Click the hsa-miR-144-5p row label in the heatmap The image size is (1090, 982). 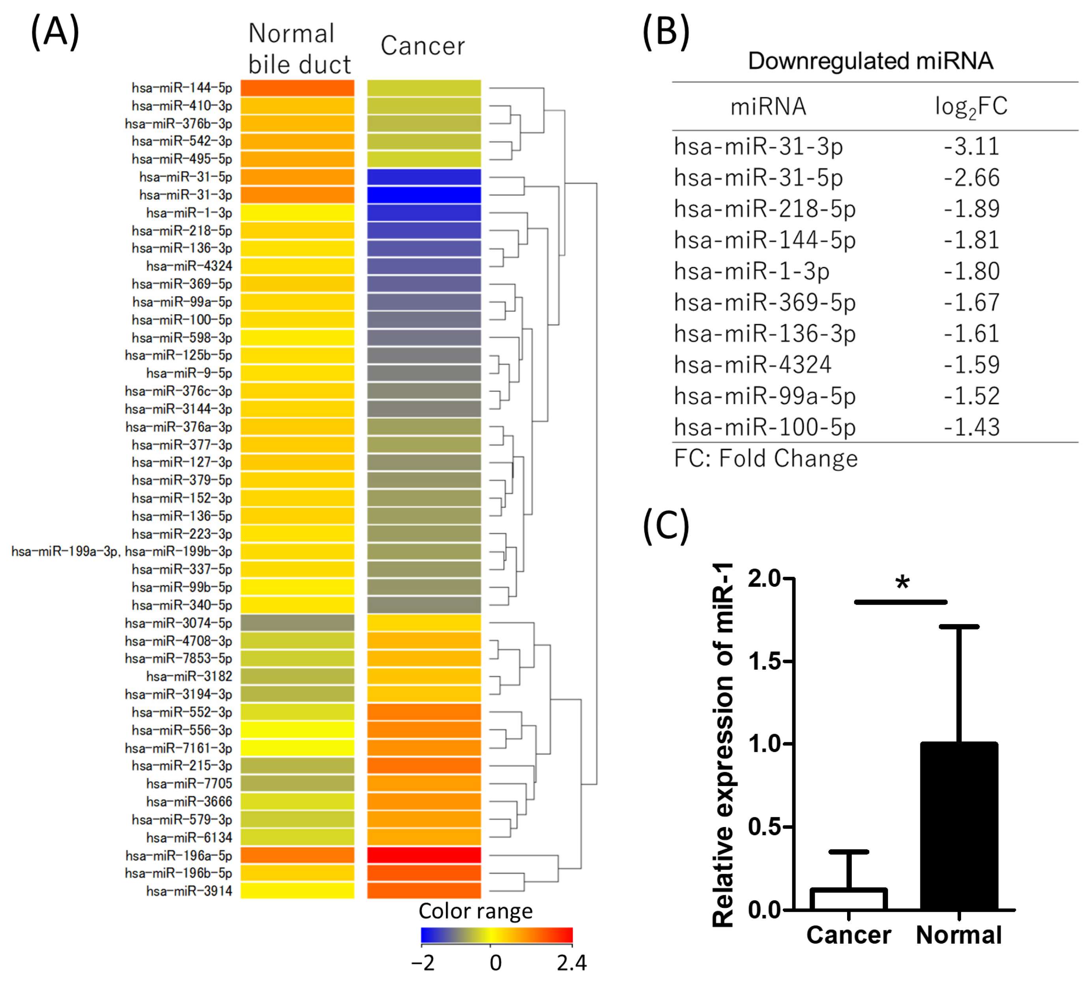tap(181, 88)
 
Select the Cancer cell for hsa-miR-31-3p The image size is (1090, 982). tap(424, 195)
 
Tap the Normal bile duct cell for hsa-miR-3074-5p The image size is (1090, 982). tap(297, 622)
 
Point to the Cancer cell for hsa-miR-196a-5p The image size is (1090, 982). tap(424, 855)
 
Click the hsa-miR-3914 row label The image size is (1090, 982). tap(189, 891)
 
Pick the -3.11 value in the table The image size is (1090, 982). tap(971, 147)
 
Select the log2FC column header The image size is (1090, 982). tap(971, 107)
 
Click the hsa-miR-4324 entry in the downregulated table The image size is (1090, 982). tap(753, 365)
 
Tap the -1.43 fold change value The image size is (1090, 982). tap(971, 427)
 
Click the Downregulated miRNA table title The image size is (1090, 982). tap(870, 61)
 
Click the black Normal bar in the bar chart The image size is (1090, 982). tap(959, 827)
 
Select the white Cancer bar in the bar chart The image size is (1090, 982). tap(848, 900)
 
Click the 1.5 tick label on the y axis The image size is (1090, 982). tap(765, 661)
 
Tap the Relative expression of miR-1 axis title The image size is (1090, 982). tap(724, 745)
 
